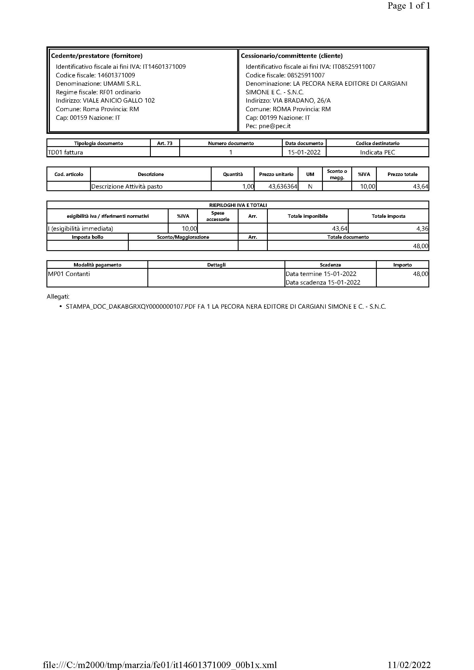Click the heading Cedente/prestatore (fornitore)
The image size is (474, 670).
pyautogui.click(x=97, y=56)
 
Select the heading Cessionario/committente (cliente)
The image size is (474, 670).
pyautogui.click(x=291, y=56)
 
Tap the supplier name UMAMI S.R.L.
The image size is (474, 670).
pyautogui.click(x=122, y=84)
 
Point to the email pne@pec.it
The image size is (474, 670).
pyautogui.click(x=274, y=126)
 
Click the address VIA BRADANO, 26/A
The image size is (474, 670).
pyautogui.click(x=301, y=101)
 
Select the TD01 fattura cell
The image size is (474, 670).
pyautogui.click(x=65, y=152)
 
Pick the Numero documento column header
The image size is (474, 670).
pyautogui.click(x=231, y=143)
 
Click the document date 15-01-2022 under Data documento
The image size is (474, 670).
pyautogui.click(x=304, y=152)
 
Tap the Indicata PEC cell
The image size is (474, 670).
pyautogui.click(x=377, y=152)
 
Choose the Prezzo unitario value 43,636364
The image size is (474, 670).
pyautogui.click(x=282, y=187)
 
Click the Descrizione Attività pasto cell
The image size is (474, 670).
pyautogui.click(x=127, y=187)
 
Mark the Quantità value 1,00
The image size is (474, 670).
pyautogui.click(x=248, y=187)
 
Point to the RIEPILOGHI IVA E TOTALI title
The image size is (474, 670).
pyautogui.click(x=238, y=205)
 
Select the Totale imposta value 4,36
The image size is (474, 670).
pyautogui.click(x=422, y=228)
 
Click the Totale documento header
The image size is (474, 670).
pyautogui.click(x=348, y=237)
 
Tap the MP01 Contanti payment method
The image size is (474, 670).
pyautogui.click(x=69, y=274)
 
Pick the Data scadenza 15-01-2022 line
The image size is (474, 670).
pyautogui.click(x=323, y=283)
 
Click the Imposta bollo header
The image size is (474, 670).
pyautogui.click(x=87, y=237)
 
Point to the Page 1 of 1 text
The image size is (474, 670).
pyautogui.click(x=409, y=6)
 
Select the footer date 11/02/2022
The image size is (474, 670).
pyautogui.click(x=409, y=664)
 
